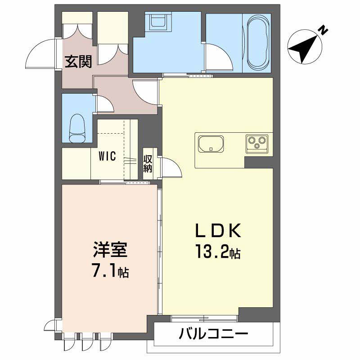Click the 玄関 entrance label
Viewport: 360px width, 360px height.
pos(78,61)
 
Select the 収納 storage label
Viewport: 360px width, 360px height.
pos(148,164)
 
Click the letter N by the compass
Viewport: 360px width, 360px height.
pos(322,31)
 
